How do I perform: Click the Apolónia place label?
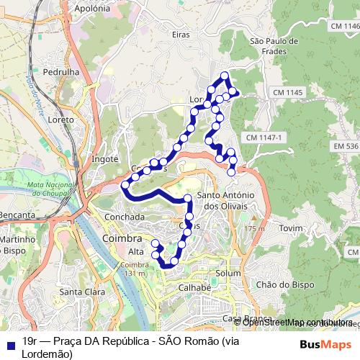click(93, 9)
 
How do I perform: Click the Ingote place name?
click(104, 158)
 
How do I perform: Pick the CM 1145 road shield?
click(289, 93)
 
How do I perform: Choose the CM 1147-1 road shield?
click(266, 138)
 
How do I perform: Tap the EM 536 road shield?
click(346, 146)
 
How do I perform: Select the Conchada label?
click(125, 216)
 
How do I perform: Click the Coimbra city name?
click(122, 237)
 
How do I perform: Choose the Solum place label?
click(228, 274)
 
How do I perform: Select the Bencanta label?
click(17, 215)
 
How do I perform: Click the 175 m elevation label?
click(253, 229)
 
